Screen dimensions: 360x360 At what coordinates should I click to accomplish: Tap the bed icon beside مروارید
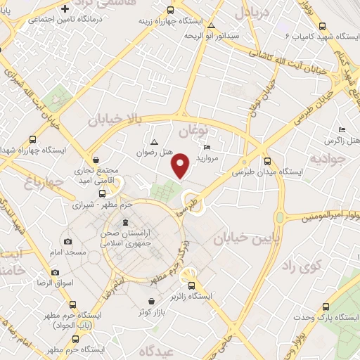point(206,147)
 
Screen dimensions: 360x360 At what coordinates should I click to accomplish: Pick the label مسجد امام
point(67,251)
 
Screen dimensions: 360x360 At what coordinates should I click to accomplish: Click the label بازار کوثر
point(153,310)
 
